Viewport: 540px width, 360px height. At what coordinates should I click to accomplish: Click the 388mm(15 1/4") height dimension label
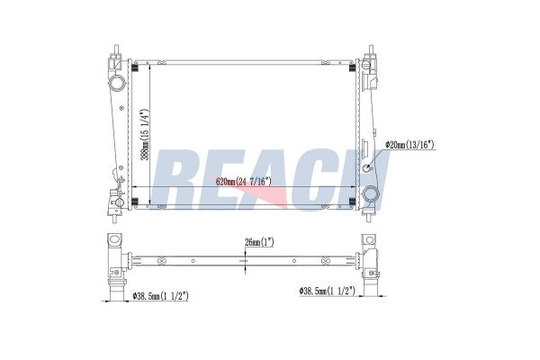click(145, 135)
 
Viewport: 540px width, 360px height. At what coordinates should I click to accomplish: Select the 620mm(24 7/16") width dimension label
click(244, 181)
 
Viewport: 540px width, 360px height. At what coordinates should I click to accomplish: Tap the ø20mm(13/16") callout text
click(410, 145)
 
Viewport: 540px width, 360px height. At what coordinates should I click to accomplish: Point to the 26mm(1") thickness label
click(259, 242)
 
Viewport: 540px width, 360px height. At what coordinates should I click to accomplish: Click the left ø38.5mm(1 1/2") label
click(160, 296)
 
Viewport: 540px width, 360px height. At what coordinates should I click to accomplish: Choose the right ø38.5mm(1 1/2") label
click(328, 291)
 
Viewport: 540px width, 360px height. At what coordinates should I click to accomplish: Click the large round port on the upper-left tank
click(117, 83)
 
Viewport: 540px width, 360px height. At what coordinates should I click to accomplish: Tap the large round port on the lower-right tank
click(371, 194)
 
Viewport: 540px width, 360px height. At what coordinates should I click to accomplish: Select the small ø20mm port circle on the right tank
click(367, 168)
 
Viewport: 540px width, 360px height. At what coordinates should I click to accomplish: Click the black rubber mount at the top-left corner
click(135, 67)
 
